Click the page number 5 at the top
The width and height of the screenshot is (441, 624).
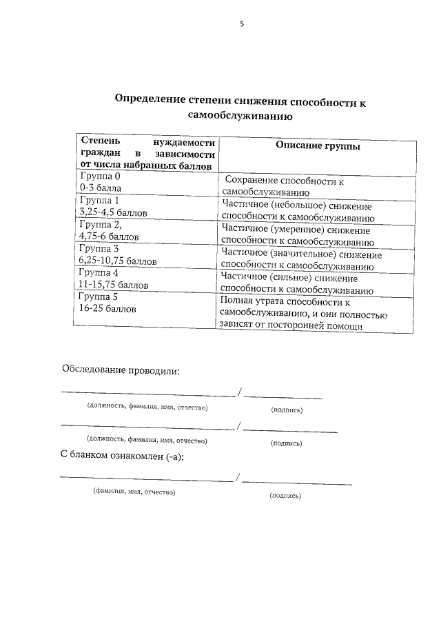point(242,24)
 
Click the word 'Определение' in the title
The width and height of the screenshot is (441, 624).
point(147,101)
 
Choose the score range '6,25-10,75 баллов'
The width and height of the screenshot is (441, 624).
point(118,261)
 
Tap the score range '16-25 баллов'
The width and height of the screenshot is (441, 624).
point(108,309)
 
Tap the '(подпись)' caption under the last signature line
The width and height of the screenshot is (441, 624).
point(285,494)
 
